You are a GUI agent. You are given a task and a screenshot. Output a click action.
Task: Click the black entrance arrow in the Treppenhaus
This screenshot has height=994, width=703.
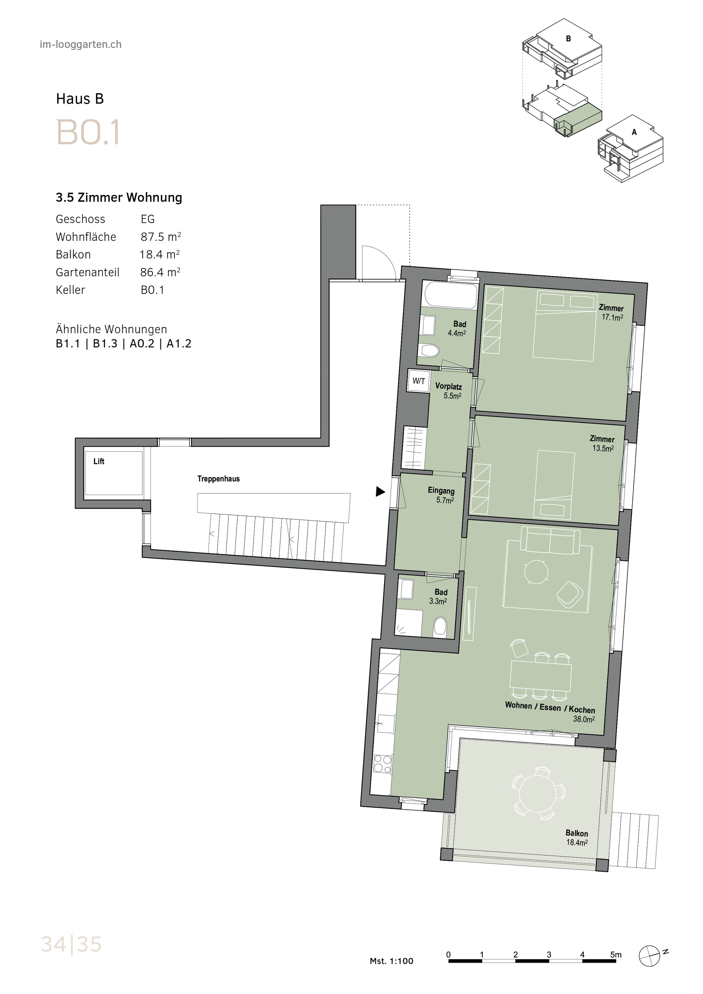[x=380, y=492]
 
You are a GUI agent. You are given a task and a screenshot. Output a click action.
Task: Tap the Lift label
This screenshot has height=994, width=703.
[x=99, y=462]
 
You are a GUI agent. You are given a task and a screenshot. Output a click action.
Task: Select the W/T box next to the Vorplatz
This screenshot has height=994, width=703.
[x=418, y=381]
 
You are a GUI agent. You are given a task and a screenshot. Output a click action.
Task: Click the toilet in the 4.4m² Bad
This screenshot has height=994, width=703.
[x=430, y=351]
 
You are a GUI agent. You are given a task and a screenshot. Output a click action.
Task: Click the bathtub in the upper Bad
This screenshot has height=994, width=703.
[x=451, y=295]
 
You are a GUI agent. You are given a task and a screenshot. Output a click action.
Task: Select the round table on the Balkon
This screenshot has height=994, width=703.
[x=538, y=794]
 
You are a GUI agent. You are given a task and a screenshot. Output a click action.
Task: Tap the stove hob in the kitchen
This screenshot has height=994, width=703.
[x=383, y=764]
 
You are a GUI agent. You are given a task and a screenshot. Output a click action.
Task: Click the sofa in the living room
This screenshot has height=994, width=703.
[x=550, y=540]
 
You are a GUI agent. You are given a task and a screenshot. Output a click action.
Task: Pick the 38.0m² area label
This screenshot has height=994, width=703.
[x=583, y=719]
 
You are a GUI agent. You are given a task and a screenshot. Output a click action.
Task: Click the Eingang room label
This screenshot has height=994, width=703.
[x=441, y=490]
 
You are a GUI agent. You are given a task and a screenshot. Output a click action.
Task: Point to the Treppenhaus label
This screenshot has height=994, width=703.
[x=218, y=479]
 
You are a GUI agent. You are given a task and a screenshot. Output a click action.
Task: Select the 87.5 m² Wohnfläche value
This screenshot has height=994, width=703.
[x=161, y=237]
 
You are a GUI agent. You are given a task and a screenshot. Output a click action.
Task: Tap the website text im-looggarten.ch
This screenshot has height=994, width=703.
[x=80, y=45]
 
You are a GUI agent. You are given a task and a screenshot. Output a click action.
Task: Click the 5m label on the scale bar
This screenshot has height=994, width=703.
[x=616, y=954]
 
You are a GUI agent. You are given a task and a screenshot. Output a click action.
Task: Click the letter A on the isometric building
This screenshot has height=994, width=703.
[x=634, y=132]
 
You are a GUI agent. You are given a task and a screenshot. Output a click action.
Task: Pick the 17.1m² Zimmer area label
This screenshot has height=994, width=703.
[x=612, y=317]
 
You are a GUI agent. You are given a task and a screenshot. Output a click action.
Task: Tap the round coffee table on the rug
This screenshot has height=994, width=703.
[x=536, y=572]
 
